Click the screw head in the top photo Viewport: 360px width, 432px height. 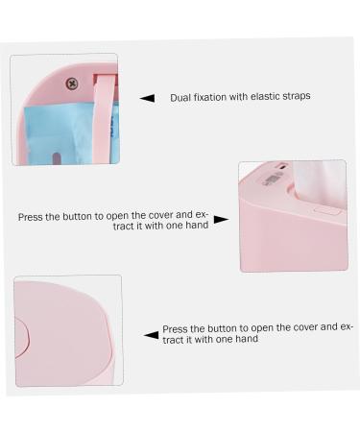coord(70,84)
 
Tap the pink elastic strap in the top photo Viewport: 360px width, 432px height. coord(103,115)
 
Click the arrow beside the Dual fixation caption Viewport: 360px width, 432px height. coord(147,98)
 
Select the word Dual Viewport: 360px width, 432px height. coord(180,98)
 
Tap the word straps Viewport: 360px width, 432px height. coord(299,98)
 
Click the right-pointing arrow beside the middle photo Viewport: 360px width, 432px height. coord(221,219)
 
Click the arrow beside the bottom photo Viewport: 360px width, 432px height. coord(151,334)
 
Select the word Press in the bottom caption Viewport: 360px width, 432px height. coord(175,328)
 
